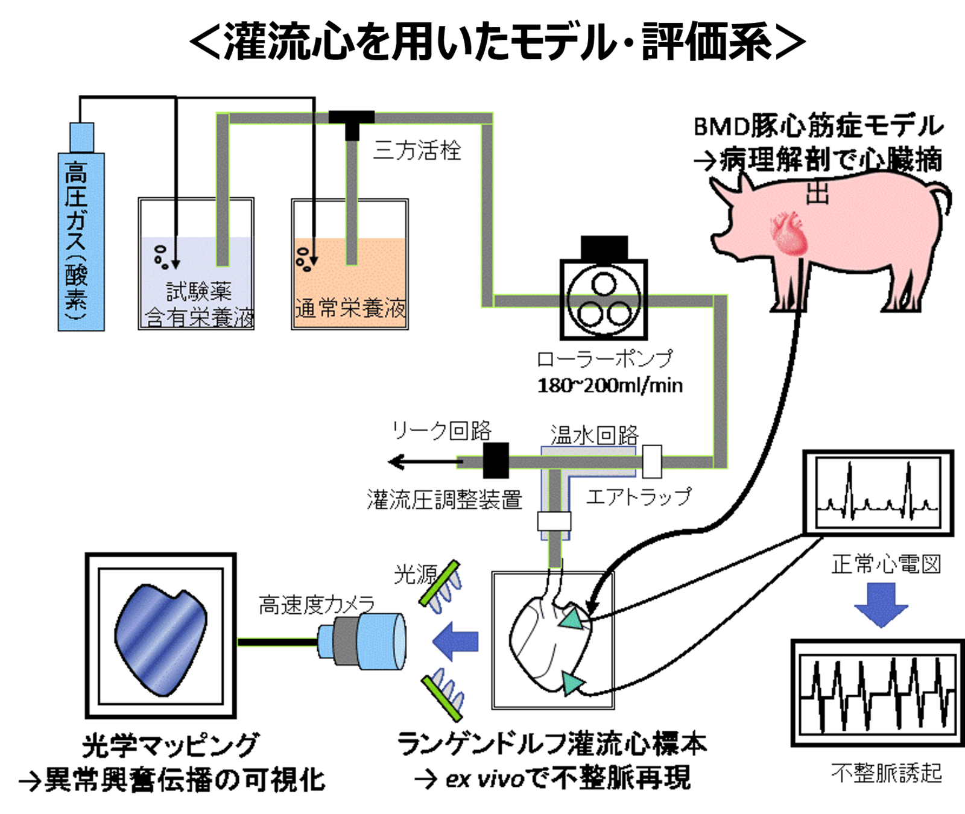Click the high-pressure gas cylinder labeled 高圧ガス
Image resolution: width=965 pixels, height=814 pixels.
(81, 235)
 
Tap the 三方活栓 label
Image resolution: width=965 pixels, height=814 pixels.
(417, 150)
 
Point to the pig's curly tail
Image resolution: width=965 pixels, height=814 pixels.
(941, 199)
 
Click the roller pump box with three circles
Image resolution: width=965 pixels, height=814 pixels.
(604, 298)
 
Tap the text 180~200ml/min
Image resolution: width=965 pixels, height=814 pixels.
(610, 385)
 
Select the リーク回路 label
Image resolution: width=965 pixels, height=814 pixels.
(441, 431)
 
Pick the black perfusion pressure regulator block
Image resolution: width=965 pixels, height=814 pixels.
(496, 461)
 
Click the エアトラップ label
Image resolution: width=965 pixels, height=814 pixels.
(638, 497)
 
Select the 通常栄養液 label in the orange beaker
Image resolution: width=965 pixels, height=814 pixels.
(350, 309)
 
